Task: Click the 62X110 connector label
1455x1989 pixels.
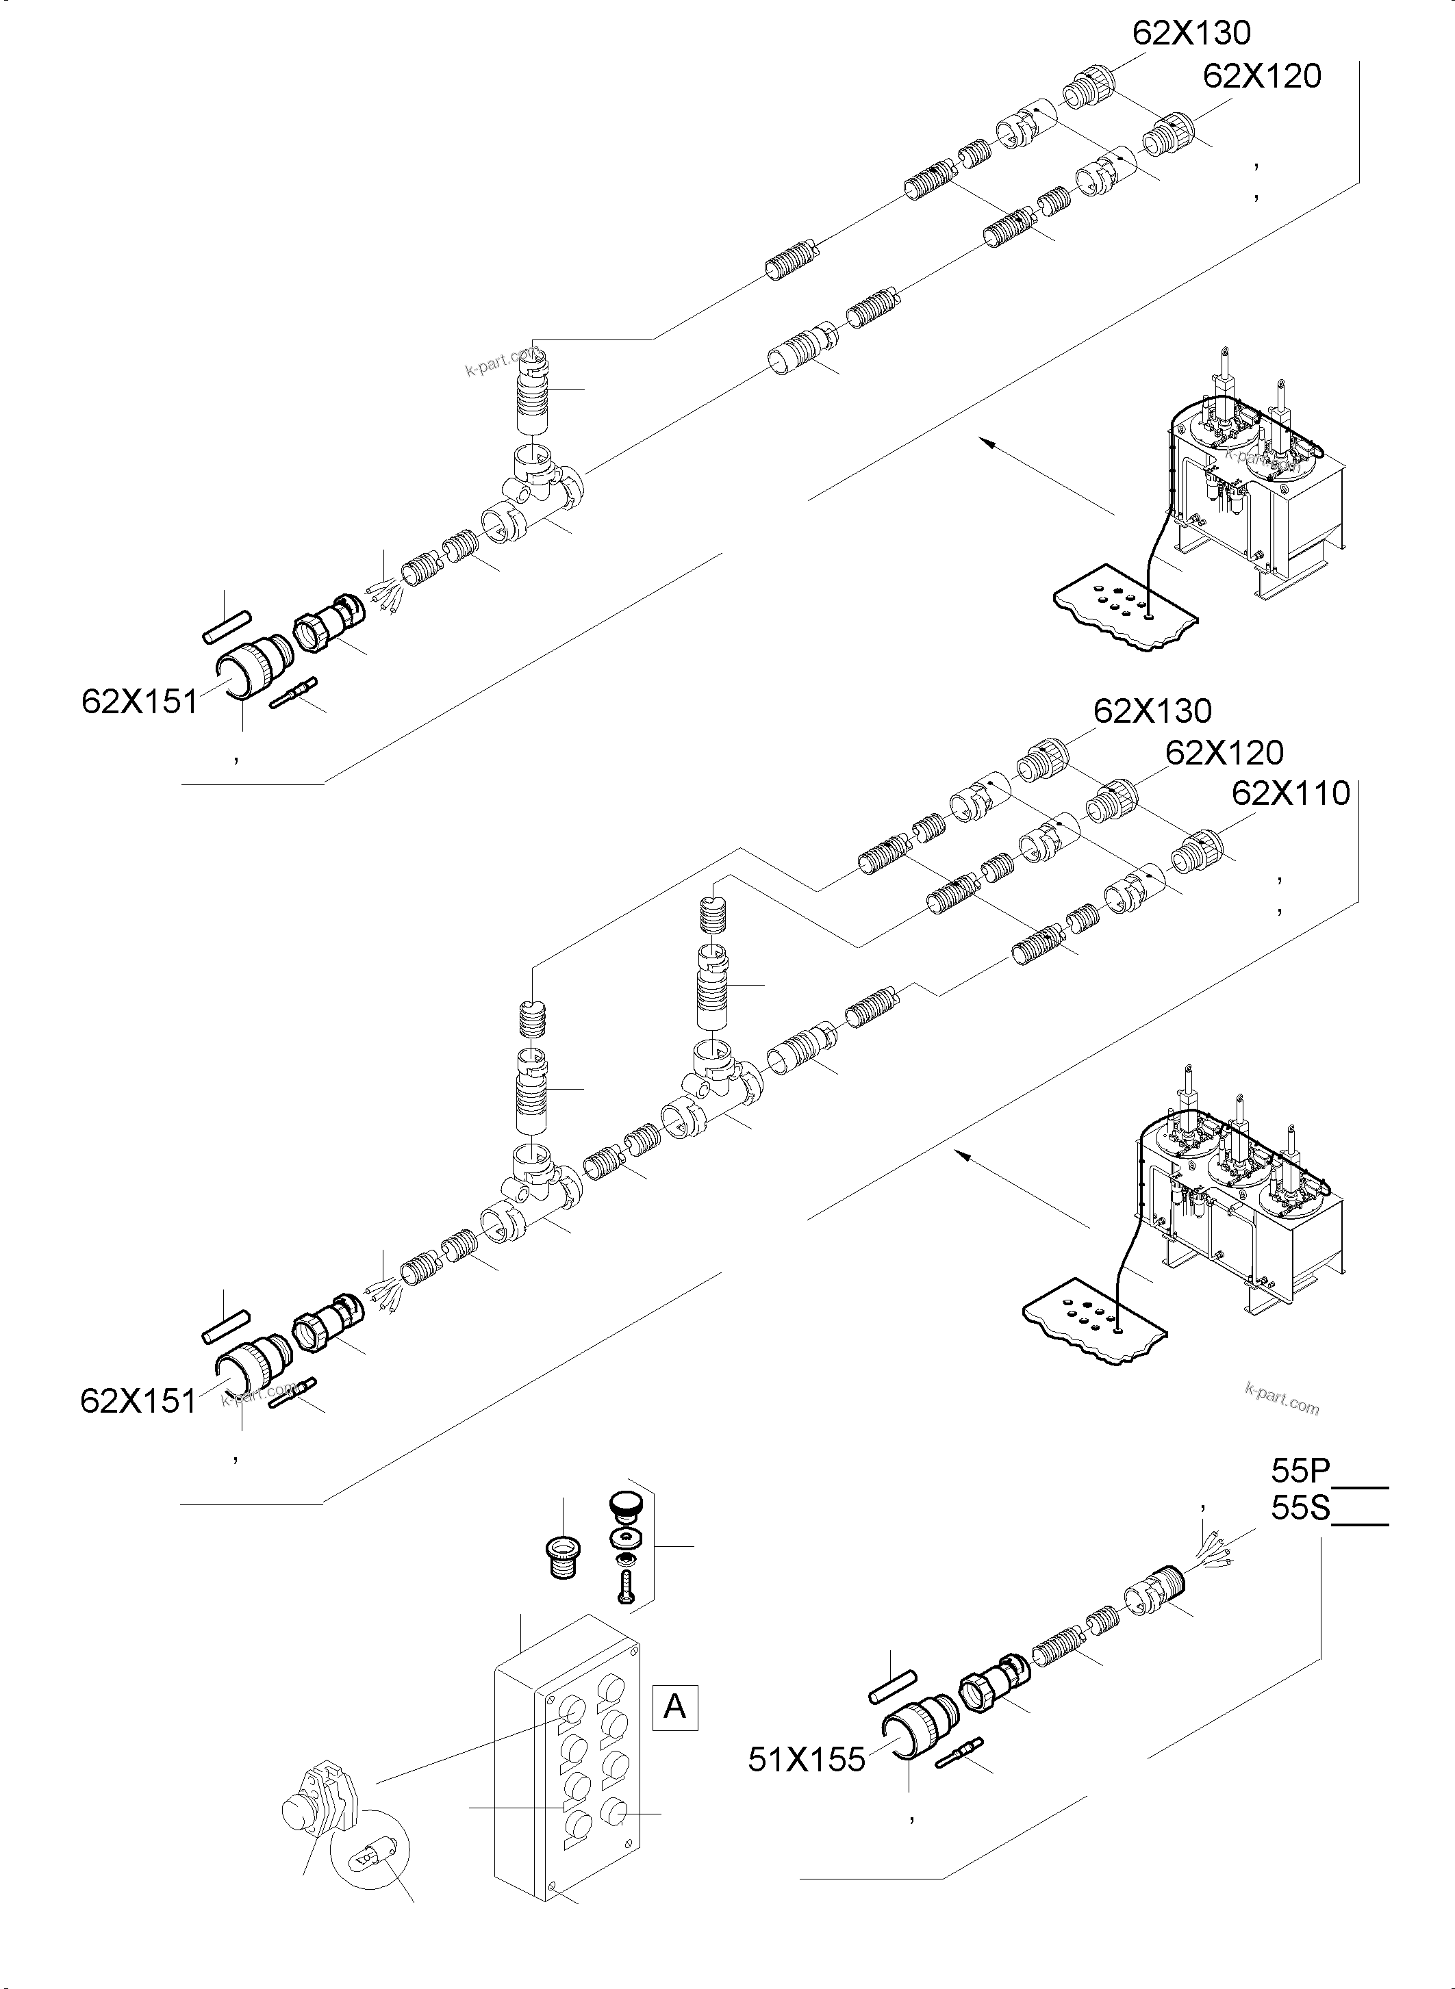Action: click(1289, 793)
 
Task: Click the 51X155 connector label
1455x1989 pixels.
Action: click(807, 1759)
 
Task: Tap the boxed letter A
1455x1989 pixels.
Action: click(674, 1707)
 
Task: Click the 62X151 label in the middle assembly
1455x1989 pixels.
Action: click(138, 1401)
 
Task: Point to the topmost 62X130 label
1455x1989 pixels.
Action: click(1191, 34)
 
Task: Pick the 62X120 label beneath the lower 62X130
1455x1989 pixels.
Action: click(1224, 753)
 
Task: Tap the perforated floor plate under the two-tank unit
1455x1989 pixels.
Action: click(1127, 616)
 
